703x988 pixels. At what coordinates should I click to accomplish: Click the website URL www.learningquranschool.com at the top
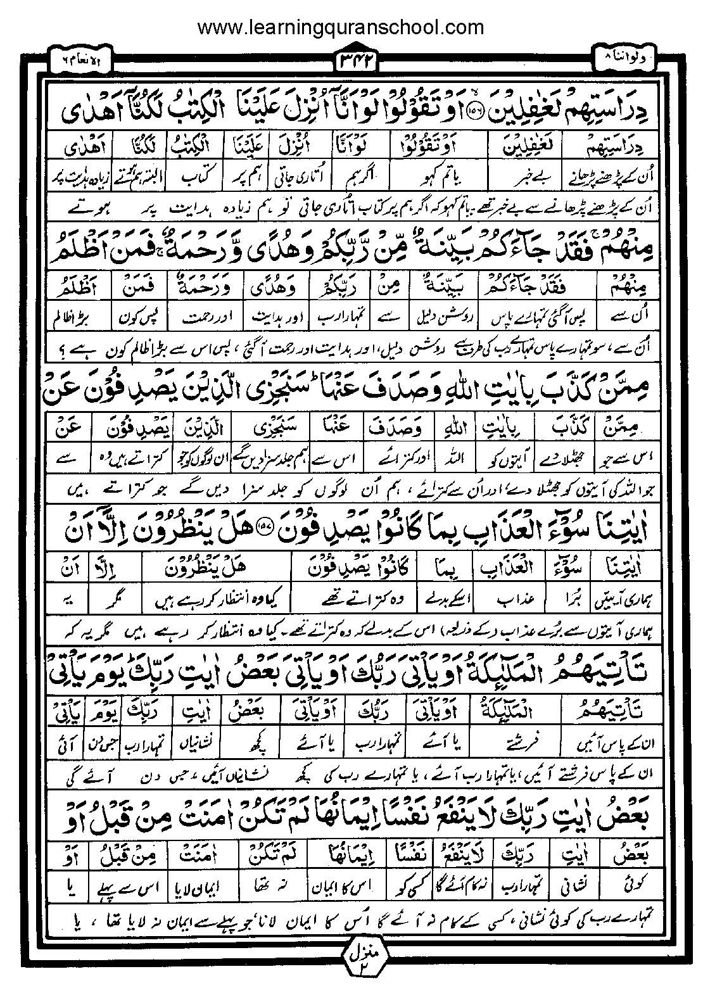pos(341,27)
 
